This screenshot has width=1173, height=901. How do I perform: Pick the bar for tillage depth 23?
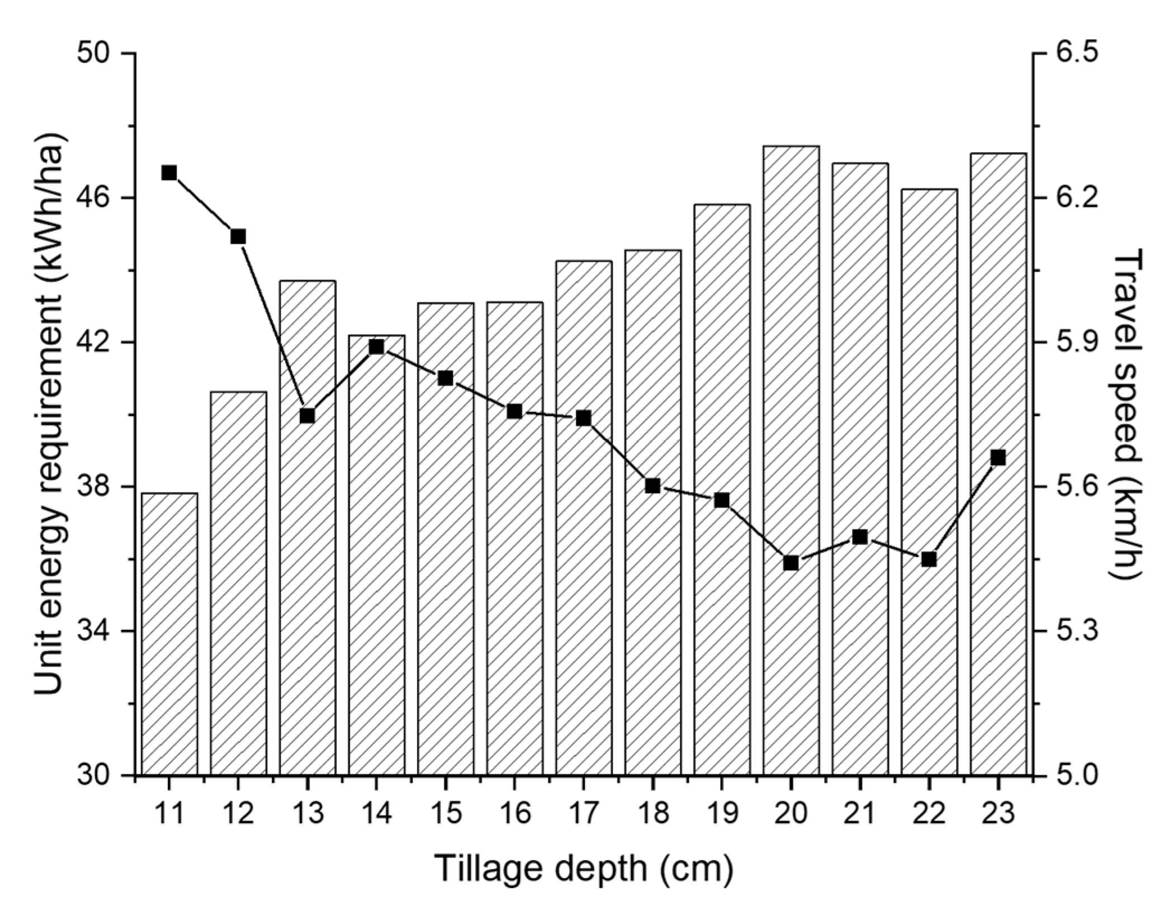998,464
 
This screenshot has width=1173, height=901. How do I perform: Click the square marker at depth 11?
169,173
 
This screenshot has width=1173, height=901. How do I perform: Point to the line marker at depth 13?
308,416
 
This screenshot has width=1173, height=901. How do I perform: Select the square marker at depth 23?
998,458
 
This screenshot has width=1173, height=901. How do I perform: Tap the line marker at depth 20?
791,563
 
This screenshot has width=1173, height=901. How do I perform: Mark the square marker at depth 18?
652,486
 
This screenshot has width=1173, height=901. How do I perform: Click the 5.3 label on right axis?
1076,631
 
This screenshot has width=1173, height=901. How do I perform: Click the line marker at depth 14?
376,347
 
